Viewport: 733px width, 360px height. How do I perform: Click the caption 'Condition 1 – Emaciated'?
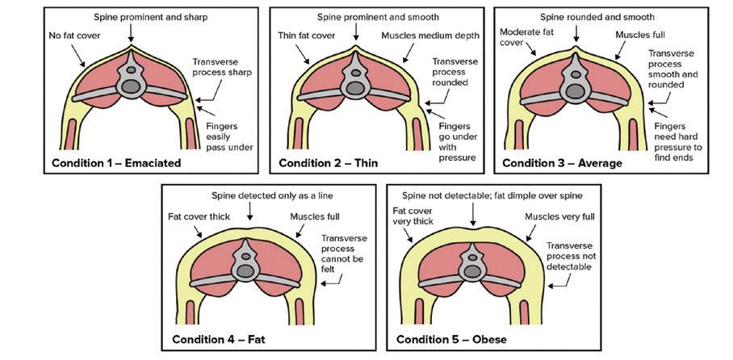(115, 163)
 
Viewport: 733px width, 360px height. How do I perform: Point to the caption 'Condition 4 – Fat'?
(218, 339)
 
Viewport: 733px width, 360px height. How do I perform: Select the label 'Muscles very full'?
(557, 216)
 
